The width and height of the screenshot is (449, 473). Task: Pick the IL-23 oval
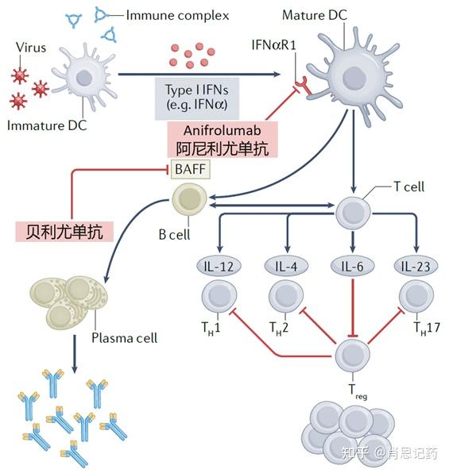coord(416,267)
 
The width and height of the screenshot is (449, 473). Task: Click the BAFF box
coord(190,168)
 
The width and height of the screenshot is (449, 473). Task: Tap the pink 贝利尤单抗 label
coord(64,231)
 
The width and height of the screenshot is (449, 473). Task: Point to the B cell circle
coord(190,198)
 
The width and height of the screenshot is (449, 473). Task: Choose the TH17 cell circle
coord(416,298)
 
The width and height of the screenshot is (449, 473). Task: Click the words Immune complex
coord(168,15)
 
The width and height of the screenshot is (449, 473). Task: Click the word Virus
coord(31,48)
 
